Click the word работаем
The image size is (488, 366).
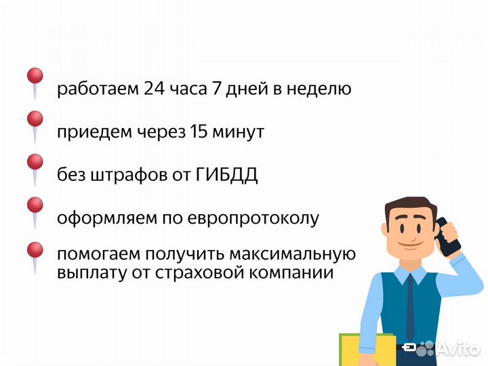pos(98,89)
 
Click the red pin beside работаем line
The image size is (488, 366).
pos(35,76)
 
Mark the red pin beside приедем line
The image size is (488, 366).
pos(35,120)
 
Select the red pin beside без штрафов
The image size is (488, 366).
pos(35,163)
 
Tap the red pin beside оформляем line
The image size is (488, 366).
pos(35,205)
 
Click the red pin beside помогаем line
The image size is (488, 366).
pos(35,249)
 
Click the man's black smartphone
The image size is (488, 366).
pos(447,237)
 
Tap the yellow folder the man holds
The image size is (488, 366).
pos(367,348)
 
